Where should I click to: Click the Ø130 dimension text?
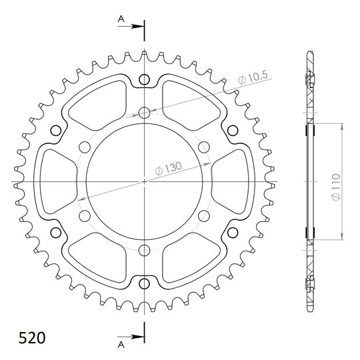tap(168, 169)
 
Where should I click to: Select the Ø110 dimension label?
tap(335, 187)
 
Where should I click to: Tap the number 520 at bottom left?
tap(32, 338)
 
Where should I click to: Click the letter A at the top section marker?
tap(121, 19)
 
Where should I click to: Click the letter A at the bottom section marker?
tap(121, 345)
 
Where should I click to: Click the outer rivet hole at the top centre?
tap(144, 80)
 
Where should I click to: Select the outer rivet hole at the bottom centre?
tap(144, 284)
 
